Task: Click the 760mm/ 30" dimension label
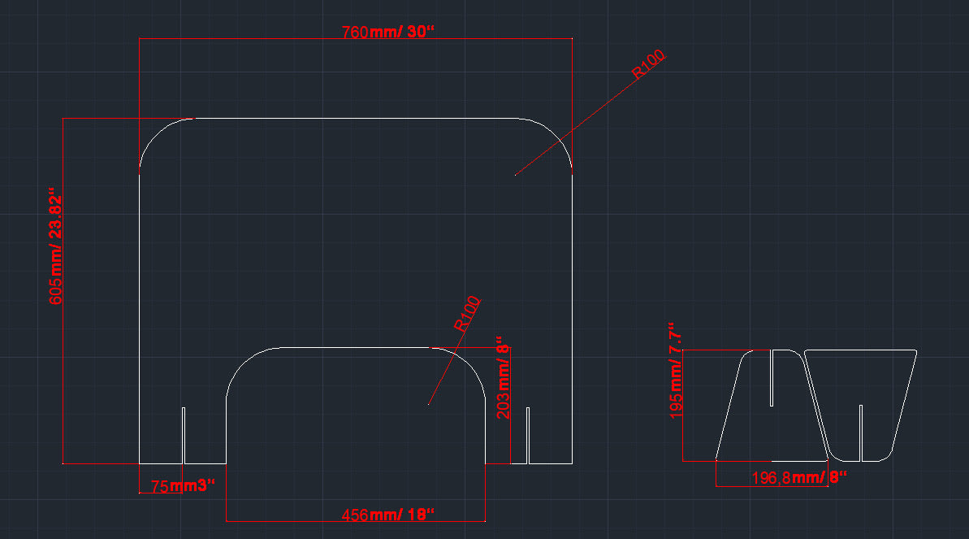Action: click(x=388, y=33)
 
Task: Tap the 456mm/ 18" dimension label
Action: click(x=388, y=515)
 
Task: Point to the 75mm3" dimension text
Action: click(x=183, y=486)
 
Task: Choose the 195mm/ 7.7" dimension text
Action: click(x=676, y=369)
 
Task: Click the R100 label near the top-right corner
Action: click(x=648, y=64)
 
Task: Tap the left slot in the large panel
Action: click(x=184, y=435)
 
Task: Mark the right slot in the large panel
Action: click(x=528, y=435)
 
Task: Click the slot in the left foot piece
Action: click(x=771, y=377)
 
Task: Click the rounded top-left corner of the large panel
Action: click(x=158, y=134)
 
